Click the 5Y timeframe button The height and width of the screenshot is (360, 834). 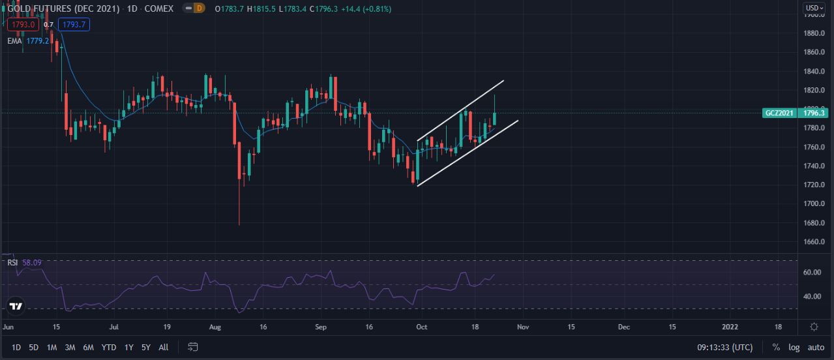[145, 347]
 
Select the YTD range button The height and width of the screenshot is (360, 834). [109, 347]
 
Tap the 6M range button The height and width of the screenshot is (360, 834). [89, 347]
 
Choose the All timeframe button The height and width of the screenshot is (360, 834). [164, 347]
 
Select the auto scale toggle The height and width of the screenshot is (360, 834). [816, 347]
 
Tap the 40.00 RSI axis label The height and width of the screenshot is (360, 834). [812, 296]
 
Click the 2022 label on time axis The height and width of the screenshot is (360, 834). [730, 326]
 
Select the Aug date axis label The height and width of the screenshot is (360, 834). [216, 326]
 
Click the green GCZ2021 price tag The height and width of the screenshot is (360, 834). [779, 113]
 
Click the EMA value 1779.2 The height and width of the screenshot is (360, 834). [38, 40]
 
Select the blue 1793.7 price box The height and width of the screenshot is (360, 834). [74, 25]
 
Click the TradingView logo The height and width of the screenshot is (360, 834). [16, 306]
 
